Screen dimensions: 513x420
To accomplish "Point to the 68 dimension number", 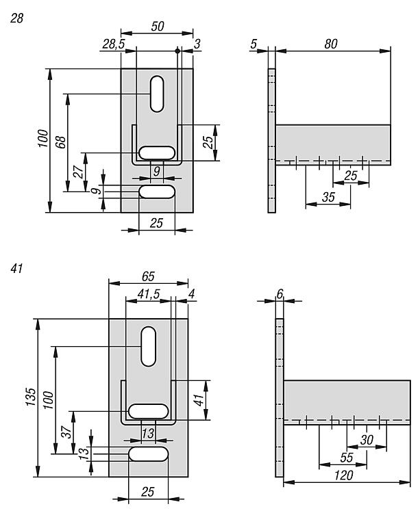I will pyautogui.click(x=60, y=142).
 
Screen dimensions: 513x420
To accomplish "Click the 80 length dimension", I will pyautogui.click(x=331, y=44).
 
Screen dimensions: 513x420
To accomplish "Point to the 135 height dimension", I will pyautogui.click(x=31, y=397).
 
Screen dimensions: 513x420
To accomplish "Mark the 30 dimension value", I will pyautogui.click(x=367, y=440).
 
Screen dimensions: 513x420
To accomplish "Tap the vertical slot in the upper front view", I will pyautogui.click(x=157, y=93).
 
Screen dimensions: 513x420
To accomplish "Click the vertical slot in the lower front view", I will pyautogui.click(x=148, y=345).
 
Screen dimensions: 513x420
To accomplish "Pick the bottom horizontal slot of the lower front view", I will pyautogui.click(x=148, y=455).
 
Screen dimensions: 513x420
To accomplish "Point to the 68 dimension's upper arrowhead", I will pyautogui.click(x=67, y=96).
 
